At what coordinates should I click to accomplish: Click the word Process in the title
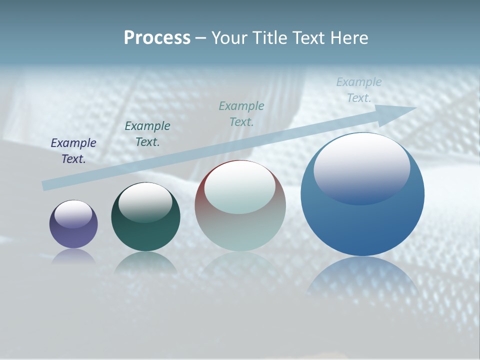157,38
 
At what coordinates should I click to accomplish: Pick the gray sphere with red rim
240,225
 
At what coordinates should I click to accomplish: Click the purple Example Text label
73,151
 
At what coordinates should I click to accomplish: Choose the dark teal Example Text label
147,134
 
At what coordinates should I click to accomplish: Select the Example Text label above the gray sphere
241,114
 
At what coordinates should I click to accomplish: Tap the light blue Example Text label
358,90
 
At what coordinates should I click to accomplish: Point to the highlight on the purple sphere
73,214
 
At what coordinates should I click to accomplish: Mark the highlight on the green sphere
145,202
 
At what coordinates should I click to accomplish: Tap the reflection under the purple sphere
73,256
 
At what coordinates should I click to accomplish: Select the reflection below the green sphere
145,262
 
